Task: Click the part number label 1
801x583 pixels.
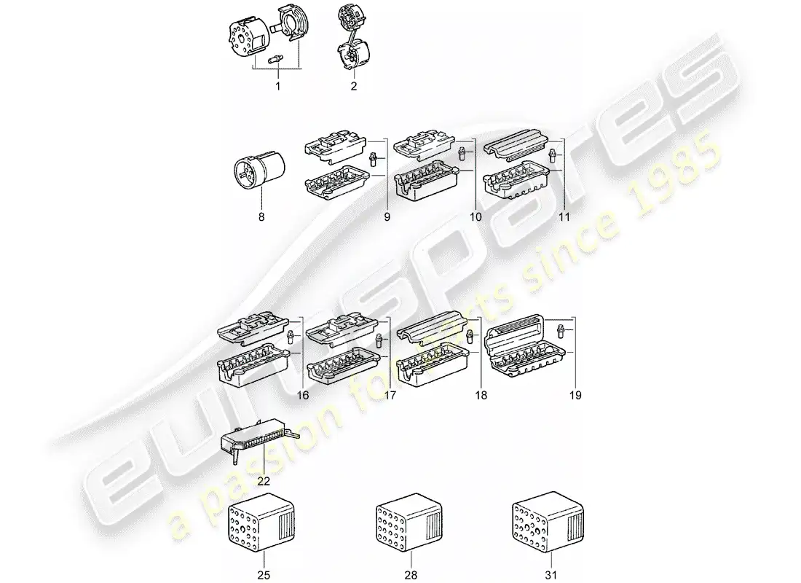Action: coord(277,87)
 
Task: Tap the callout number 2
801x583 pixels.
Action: coord(354,87)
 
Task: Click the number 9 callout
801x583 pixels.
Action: coord(387,217)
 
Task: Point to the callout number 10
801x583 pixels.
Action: coord(476,217)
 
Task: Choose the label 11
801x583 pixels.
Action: coord(563,217)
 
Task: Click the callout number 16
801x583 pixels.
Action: coord(303,395)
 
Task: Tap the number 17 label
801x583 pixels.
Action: coord(390,395)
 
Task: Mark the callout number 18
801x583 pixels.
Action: coord(481,395)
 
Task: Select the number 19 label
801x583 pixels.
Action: coord(575,395)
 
